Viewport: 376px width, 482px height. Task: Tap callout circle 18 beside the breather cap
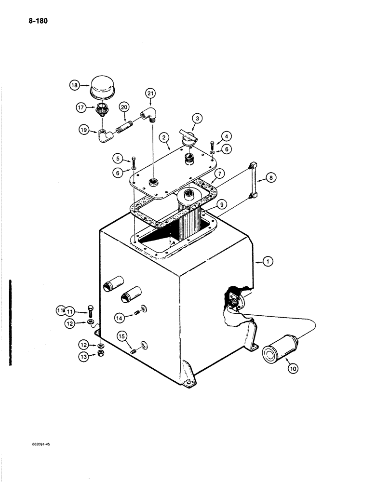coord(74,85)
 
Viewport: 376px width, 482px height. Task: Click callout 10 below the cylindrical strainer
coord(294,369)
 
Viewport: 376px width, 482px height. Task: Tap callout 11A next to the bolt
coord(60,310)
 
